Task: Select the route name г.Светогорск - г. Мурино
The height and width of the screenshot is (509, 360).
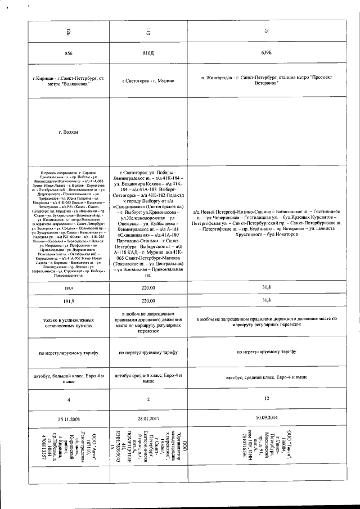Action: (148, 82)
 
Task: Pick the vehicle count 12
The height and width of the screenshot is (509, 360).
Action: (266, 399)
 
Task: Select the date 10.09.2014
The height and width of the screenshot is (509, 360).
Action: (266, 418)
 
